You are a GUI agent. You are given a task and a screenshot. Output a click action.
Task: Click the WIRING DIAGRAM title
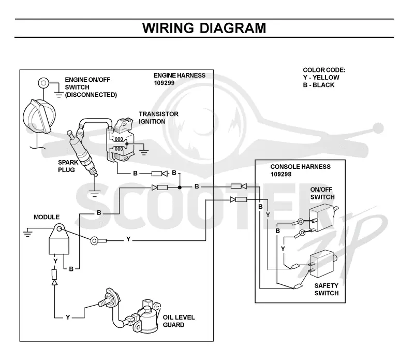click(x=204, y=28)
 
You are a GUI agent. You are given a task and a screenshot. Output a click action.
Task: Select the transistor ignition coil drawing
click(x=121, y=140)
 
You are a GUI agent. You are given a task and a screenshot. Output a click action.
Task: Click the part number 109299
click(x=164, y=83)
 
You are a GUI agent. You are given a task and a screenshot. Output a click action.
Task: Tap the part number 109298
click(x=281, y=174)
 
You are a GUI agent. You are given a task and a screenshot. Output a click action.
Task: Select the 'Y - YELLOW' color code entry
click(x=321, y=78)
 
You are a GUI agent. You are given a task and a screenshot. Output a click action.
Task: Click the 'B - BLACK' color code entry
click(x=319, y=85)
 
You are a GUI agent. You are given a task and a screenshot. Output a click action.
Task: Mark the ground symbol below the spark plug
click(x=94, y=194)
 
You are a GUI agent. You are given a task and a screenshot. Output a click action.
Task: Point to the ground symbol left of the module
click(x=27, y=233)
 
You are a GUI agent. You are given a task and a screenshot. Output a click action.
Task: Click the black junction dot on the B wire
click(x=180, y=188)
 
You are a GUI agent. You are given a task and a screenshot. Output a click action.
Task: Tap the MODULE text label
click(x=47, y=217)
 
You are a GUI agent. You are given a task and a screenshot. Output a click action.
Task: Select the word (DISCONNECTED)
click(x=91, y=95)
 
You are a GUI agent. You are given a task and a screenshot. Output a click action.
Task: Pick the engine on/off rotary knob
click(x=39, y=116)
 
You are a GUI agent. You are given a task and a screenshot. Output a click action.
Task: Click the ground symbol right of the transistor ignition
click(x=144, y=152)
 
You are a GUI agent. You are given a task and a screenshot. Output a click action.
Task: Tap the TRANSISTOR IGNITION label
click(x=158, y=118)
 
